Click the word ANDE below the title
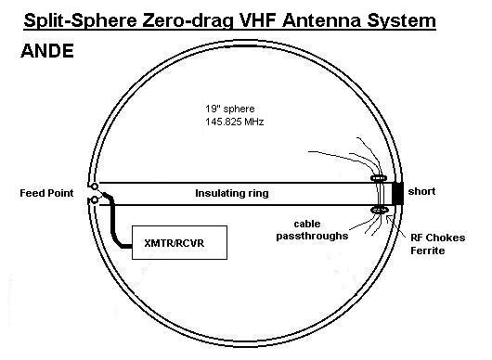pos(47,51)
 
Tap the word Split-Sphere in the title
pos(81,20)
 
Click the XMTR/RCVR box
pos(179,242)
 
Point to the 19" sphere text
pos(230,109)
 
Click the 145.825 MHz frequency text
pos(234,122)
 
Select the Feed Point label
pos(46,193)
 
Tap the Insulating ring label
pos(232,193)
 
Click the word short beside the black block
pos(421,191)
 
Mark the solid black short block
pos(397,194)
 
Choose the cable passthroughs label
pos(312,230)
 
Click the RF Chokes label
pos(438,238)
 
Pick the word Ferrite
pos(428,251)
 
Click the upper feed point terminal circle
pos(94,186)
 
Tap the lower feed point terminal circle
pos(94,199)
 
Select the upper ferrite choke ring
pos(379,178)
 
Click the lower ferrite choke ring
pos(380,210)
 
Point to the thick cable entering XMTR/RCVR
pos(112,225)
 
